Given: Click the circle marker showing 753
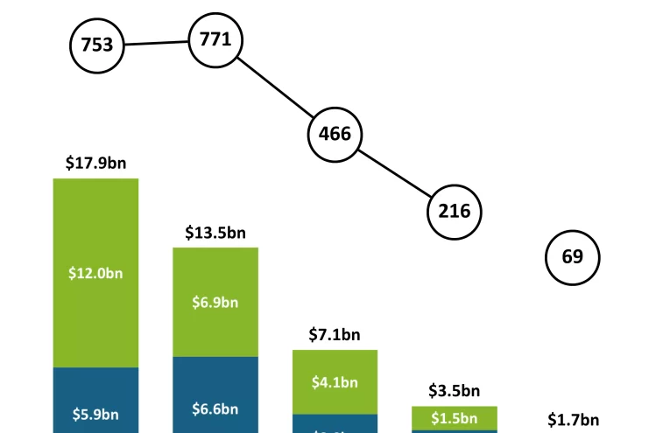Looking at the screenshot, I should [x=97, y=45].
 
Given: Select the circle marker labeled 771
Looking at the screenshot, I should [x=215, y=39].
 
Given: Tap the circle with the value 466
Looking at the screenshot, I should [x=335, y=134].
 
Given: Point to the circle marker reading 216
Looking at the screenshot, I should [x=455, y=211].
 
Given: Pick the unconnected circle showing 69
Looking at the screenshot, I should [x=572, y=257].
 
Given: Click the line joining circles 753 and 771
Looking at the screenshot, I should [x=157, y=42].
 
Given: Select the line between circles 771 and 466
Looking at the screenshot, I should [x=275, y=87].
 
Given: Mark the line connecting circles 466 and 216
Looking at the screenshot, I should [x=394, y=172].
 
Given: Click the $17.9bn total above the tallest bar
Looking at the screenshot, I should [x=96, y=164].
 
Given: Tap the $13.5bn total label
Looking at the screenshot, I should [x=215, y=233].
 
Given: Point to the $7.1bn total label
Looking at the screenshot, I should [x=335, y=334].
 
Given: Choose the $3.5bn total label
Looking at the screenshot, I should [x=454, y=390].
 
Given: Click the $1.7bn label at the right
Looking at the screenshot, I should [x=573, y=420].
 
